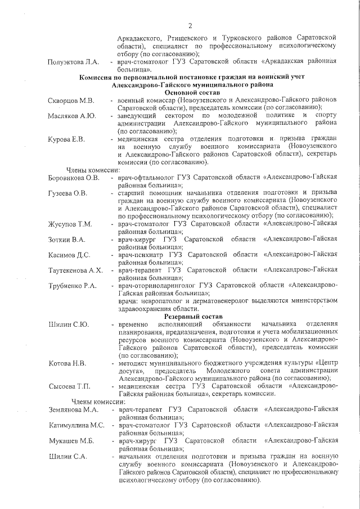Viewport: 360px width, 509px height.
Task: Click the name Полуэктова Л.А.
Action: pyautogui.click(x=74, y=61)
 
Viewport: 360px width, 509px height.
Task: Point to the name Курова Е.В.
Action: pyautogui.click(x=67, y=139)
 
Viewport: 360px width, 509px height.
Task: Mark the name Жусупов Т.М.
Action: pyautogui.click(x=70, y=224)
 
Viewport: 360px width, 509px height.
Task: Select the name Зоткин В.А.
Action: pyautogui.click(x=67, y=240)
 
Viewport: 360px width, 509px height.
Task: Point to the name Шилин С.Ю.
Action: pyautogui.click(x=69, y=325)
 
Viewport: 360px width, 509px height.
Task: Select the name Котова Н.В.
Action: pyautogui.click(x=67, y=363)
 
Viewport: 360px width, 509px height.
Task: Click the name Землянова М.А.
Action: pyautogui.click(x=74, y=410)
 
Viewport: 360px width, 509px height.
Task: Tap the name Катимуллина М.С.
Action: pyautogui.click(x=77, y=426)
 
